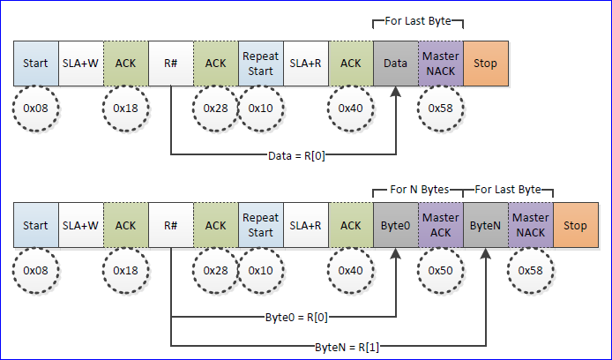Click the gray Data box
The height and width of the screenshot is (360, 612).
coord(396,63)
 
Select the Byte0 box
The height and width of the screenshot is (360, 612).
coord(396,225)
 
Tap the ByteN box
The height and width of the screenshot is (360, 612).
coord(486,225)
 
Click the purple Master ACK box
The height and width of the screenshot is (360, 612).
coord(441,225)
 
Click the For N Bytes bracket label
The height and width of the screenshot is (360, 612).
coord(419,188)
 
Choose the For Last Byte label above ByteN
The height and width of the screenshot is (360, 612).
coord(509,188)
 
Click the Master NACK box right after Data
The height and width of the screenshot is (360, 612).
coord(441,63)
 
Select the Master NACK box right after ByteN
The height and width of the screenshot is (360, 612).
coord(531,225)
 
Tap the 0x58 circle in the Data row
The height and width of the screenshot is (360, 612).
coord(441,108)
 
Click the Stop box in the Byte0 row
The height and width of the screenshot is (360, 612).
coord(575,225)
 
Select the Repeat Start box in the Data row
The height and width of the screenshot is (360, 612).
coord(260,63)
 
